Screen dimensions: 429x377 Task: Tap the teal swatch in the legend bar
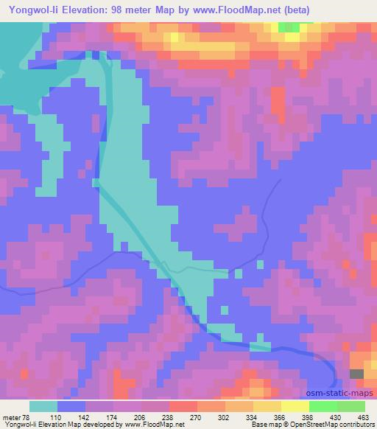(43, 406)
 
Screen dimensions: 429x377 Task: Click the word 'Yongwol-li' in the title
(32, 10)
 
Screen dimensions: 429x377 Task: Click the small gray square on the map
(356, 374)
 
